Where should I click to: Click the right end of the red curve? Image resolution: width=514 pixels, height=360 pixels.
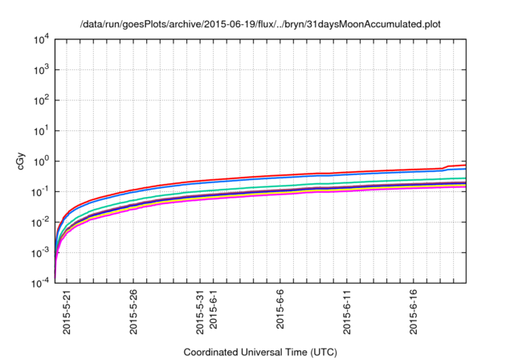tap(466, 164)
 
